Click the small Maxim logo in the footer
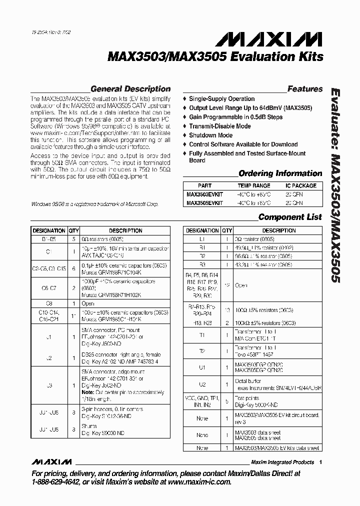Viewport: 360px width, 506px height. pos(51,461)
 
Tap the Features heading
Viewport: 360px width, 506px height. pos(305,89)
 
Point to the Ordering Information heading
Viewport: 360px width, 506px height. pos(280,173)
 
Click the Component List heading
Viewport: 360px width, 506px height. pos(290,217)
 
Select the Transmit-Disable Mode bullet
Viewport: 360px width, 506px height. pos(220,126)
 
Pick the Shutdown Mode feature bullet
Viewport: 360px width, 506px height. pos(210,135)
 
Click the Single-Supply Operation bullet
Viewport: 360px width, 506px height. pos(221,99)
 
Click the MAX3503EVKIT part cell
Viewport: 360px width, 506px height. pos(204,194)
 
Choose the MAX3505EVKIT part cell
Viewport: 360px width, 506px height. pos(204,203)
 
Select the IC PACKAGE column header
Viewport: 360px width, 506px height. pos(300,185)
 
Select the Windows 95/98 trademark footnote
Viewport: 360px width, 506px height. pos(94,204)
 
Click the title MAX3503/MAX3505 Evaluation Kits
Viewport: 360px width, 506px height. pos(215,56)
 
